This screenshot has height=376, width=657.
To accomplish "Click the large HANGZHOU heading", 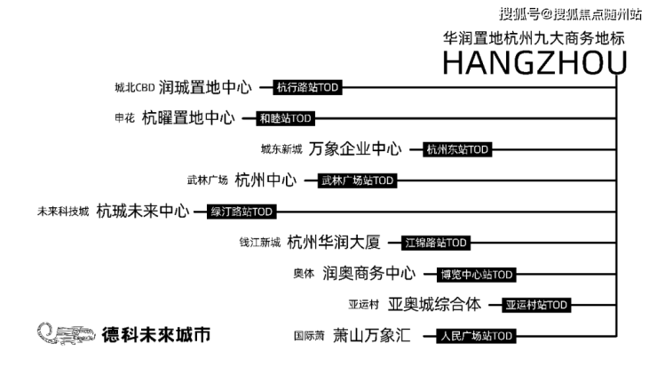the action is click(535, 62).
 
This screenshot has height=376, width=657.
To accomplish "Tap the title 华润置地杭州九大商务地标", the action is click(534, 38).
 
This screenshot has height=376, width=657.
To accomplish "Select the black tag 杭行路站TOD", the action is click(307, 87).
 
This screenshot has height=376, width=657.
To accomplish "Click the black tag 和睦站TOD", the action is click(285, 118).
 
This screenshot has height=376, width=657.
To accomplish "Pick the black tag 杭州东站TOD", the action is click(457, 149).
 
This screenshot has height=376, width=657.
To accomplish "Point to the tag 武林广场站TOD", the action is click(357, 180).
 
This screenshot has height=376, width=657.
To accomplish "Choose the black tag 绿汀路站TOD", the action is click(241, 212).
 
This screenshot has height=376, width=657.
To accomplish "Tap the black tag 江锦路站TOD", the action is click(436, 243).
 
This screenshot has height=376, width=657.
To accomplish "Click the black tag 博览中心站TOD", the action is click(477, 275).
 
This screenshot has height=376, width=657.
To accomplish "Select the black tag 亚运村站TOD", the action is click(536, 305).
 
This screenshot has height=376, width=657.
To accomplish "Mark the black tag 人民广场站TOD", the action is click(477, 336).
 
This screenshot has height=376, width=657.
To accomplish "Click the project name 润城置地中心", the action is click(205, 87).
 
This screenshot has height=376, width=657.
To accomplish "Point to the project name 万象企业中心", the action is click(355, 149).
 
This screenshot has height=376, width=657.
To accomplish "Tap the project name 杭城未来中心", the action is click(143, 211).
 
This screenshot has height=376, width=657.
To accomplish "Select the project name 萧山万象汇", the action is click(372, 335).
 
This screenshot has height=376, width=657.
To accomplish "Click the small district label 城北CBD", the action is click(135, 88).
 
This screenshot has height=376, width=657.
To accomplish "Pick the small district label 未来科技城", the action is click(63, 212).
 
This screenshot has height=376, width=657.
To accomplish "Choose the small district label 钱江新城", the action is click(260, 243).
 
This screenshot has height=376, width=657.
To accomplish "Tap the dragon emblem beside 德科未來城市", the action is click(67, 333).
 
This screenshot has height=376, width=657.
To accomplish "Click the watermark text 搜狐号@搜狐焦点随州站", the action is click(570, 14).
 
